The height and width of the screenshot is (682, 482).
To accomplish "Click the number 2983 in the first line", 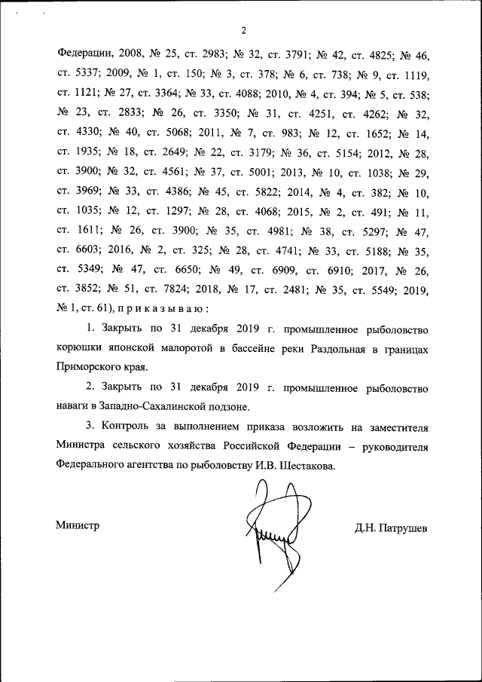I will [x=218, y=54].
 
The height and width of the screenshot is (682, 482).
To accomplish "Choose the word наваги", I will [x=74, y=408].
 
